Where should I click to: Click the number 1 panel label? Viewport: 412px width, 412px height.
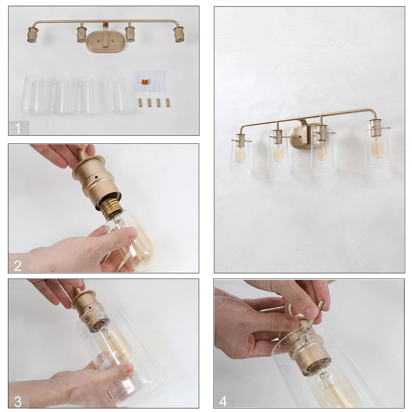(x=18, y=128)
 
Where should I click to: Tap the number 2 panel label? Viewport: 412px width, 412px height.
(x=18, y=266)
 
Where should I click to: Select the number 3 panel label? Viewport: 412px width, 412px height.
(x=18, y=401)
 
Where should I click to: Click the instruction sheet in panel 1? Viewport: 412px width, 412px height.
(x=150, y=81)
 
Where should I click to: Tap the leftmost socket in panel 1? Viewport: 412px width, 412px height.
(x=32, y=34)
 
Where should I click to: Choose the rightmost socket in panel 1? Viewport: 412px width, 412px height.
(x=179, y=34)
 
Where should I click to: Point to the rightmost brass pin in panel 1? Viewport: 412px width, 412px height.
(x=167, y=103)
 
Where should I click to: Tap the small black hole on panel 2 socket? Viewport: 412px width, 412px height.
(x=97, y=177)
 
